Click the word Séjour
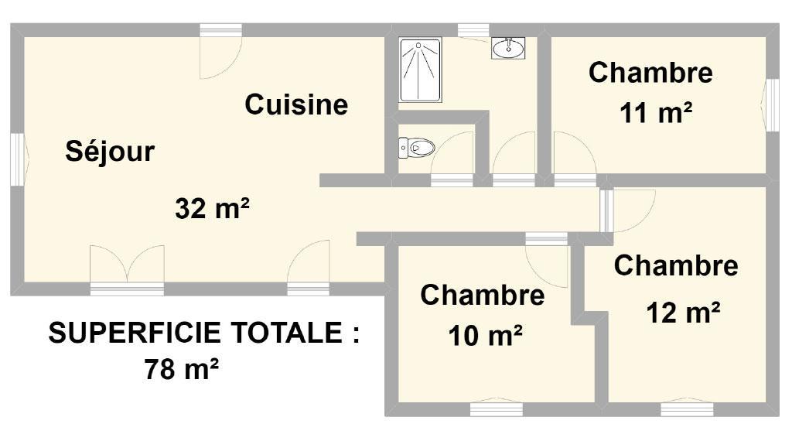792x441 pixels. [x=110, y=152]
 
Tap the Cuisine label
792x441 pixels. [x=296, y=104]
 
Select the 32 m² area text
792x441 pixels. [x=212, y=208]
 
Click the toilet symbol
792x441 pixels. [x=417, y=148]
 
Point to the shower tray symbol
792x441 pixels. [x=420, y=70]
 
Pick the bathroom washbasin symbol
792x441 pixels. [x=508, y=48]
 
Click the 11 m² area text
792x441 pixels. [x=656, y=113]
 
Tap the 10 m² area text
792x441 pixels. [x=485, y=336]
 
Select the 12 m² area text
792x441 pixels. [x=683, y=313]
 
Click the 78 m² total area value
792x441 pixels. [x=181, y=369]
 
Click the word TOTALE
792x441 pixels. [x=287, y=333]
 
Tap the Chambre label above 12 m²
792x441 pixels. [x=676, y=265]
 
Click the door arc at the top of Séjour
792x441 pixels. [x=220, y=57]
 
